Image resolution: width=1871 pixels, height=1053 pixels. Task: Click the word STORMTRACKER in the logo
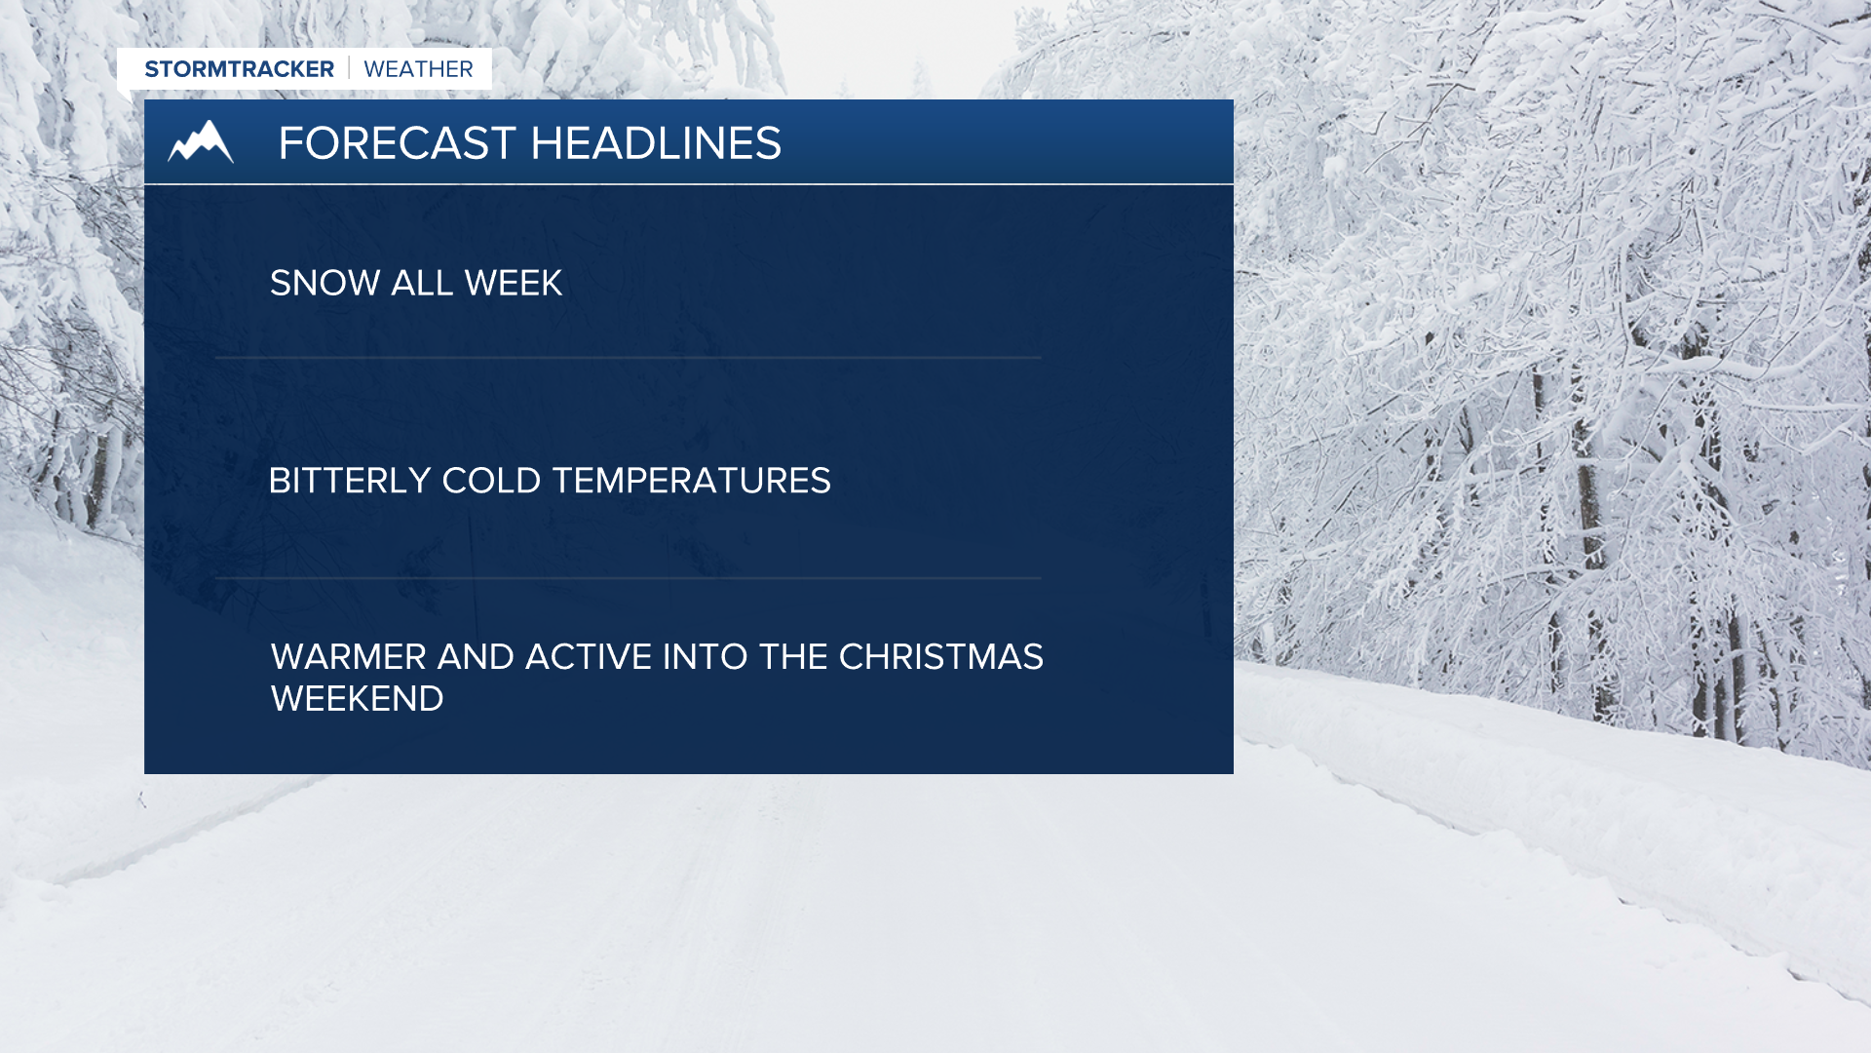pos(239,69)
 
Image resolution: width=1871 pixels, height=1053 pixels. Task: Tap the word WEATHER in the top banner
pos(418,69)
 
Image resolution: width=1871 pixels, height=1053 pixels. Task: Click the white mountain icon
pos(201,141)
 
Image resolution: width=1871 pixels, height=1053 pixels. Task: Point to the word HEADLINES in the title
pos(656,143)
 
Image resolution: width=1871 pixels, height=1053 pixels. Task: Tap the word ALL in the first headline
pos(422,283)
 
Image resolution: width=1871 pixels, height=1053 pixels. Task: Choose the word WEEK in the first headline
pos(514,283)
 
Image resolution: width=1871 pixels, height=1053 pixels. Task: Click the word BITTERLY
pos(349,481)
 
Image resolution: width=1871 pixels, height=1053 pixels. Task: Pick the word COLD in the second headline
pos(491,481)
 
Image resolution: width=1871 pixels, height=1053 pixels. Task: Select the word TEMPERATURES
pos(692,481)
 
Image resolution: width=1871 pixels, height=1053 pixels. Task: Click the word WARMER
pos(348,657)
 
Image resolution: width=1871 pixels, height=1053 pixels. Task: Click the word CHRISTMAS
pos(941,657)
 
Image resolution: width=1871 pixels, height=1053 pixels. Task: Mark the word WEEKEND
pos(357,699)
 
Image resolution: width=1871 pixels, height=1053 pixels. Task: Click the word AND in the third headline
pos(476,657)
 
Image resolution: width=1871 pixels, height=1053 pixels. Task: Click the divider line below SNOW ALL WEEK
pos(629,358)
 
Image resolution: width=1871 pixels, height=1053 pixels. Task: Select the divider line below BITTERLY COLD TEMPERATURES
pos(629,578)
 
